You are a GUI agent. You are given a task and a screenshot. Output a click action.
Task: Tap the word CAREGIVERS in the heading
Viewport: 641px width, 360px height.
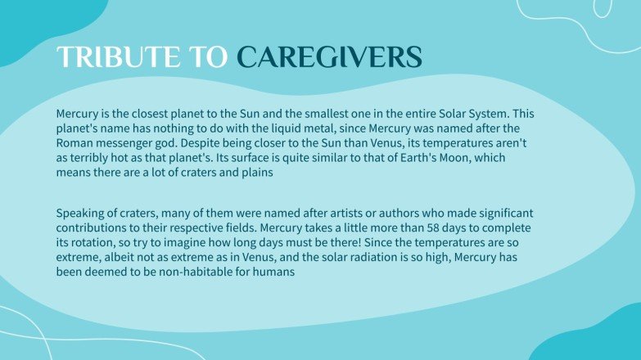tap(329, 56)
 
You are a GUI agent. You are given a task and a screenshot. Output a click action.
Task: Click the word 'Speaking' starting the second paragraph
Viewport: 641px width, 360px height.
tap(82, 214)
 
